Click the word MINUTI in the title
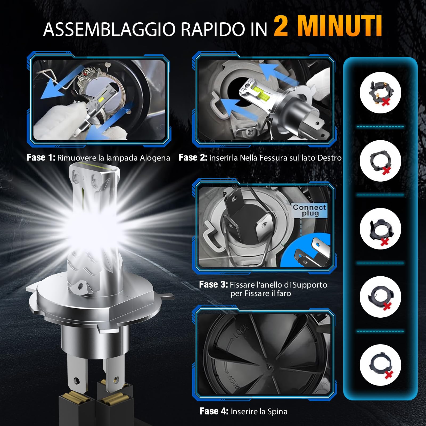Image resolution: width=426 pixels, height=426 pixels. pyautogui.click(x=339, y=26)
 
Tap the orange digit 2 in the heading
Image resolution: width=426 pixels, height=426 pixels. pyautogui.click(x=281, y=27)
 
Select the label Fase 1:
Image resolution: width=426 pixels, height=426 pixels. pyautogui.click(x=41, y=158)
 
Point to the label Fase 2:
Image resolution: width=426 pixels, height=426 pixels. pyautogui.click(x=193, y=158)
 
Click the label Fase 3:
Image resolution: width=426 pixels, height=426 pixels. pyautogui.click(x=213, y=285)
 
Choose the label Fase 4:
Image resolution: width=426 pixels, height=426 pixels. pyautogui.click(x=214, y=411)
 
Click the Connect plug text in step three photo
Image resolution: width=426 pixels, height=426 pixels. pyautogui.click(x=309, y=210)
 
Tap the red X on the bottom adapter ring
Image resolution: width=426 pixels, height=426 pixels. pyautogui.click(x=389, y=375)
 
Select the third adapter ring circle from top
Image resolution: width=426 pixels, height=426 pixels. pyautogui.click(x=380, y=229)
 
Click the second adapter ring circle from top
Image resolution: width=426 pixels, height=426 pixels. pyautogui.click(x=380, y=161)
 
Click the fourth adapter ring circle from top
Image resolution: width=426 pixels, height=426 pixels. pyautogui.click(x=380, y=297)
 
